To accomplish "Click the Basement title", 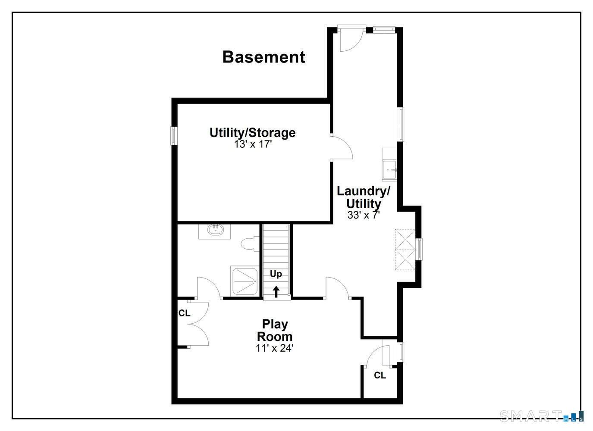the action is (264, 57).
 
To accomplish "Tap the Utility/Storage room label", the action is (253, 133).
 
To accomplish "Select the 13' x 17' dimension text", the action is (253, 144).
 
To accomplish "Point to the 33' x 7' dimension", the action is (364, 215).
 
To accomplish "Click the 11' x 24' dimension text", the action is (275, 348).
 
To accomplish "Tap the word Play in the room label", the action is (275, 325).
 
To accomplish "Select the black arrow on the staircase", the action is (276, 291).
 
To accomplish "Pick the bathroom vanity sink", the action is (214, 231).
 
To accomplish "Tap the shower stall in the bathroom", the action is (244, 281).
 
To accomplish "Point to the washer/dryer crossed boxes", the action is (405, 250).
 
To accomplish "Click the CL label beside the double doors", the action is (184, 313).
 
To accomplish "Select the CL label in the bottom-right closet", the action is (380, 375).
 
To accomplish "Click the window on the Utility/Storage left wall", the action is (174, 136).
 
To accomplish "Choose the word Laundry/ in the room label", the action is (363, 191).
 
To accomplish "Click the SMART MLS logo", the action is (542, 415).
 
